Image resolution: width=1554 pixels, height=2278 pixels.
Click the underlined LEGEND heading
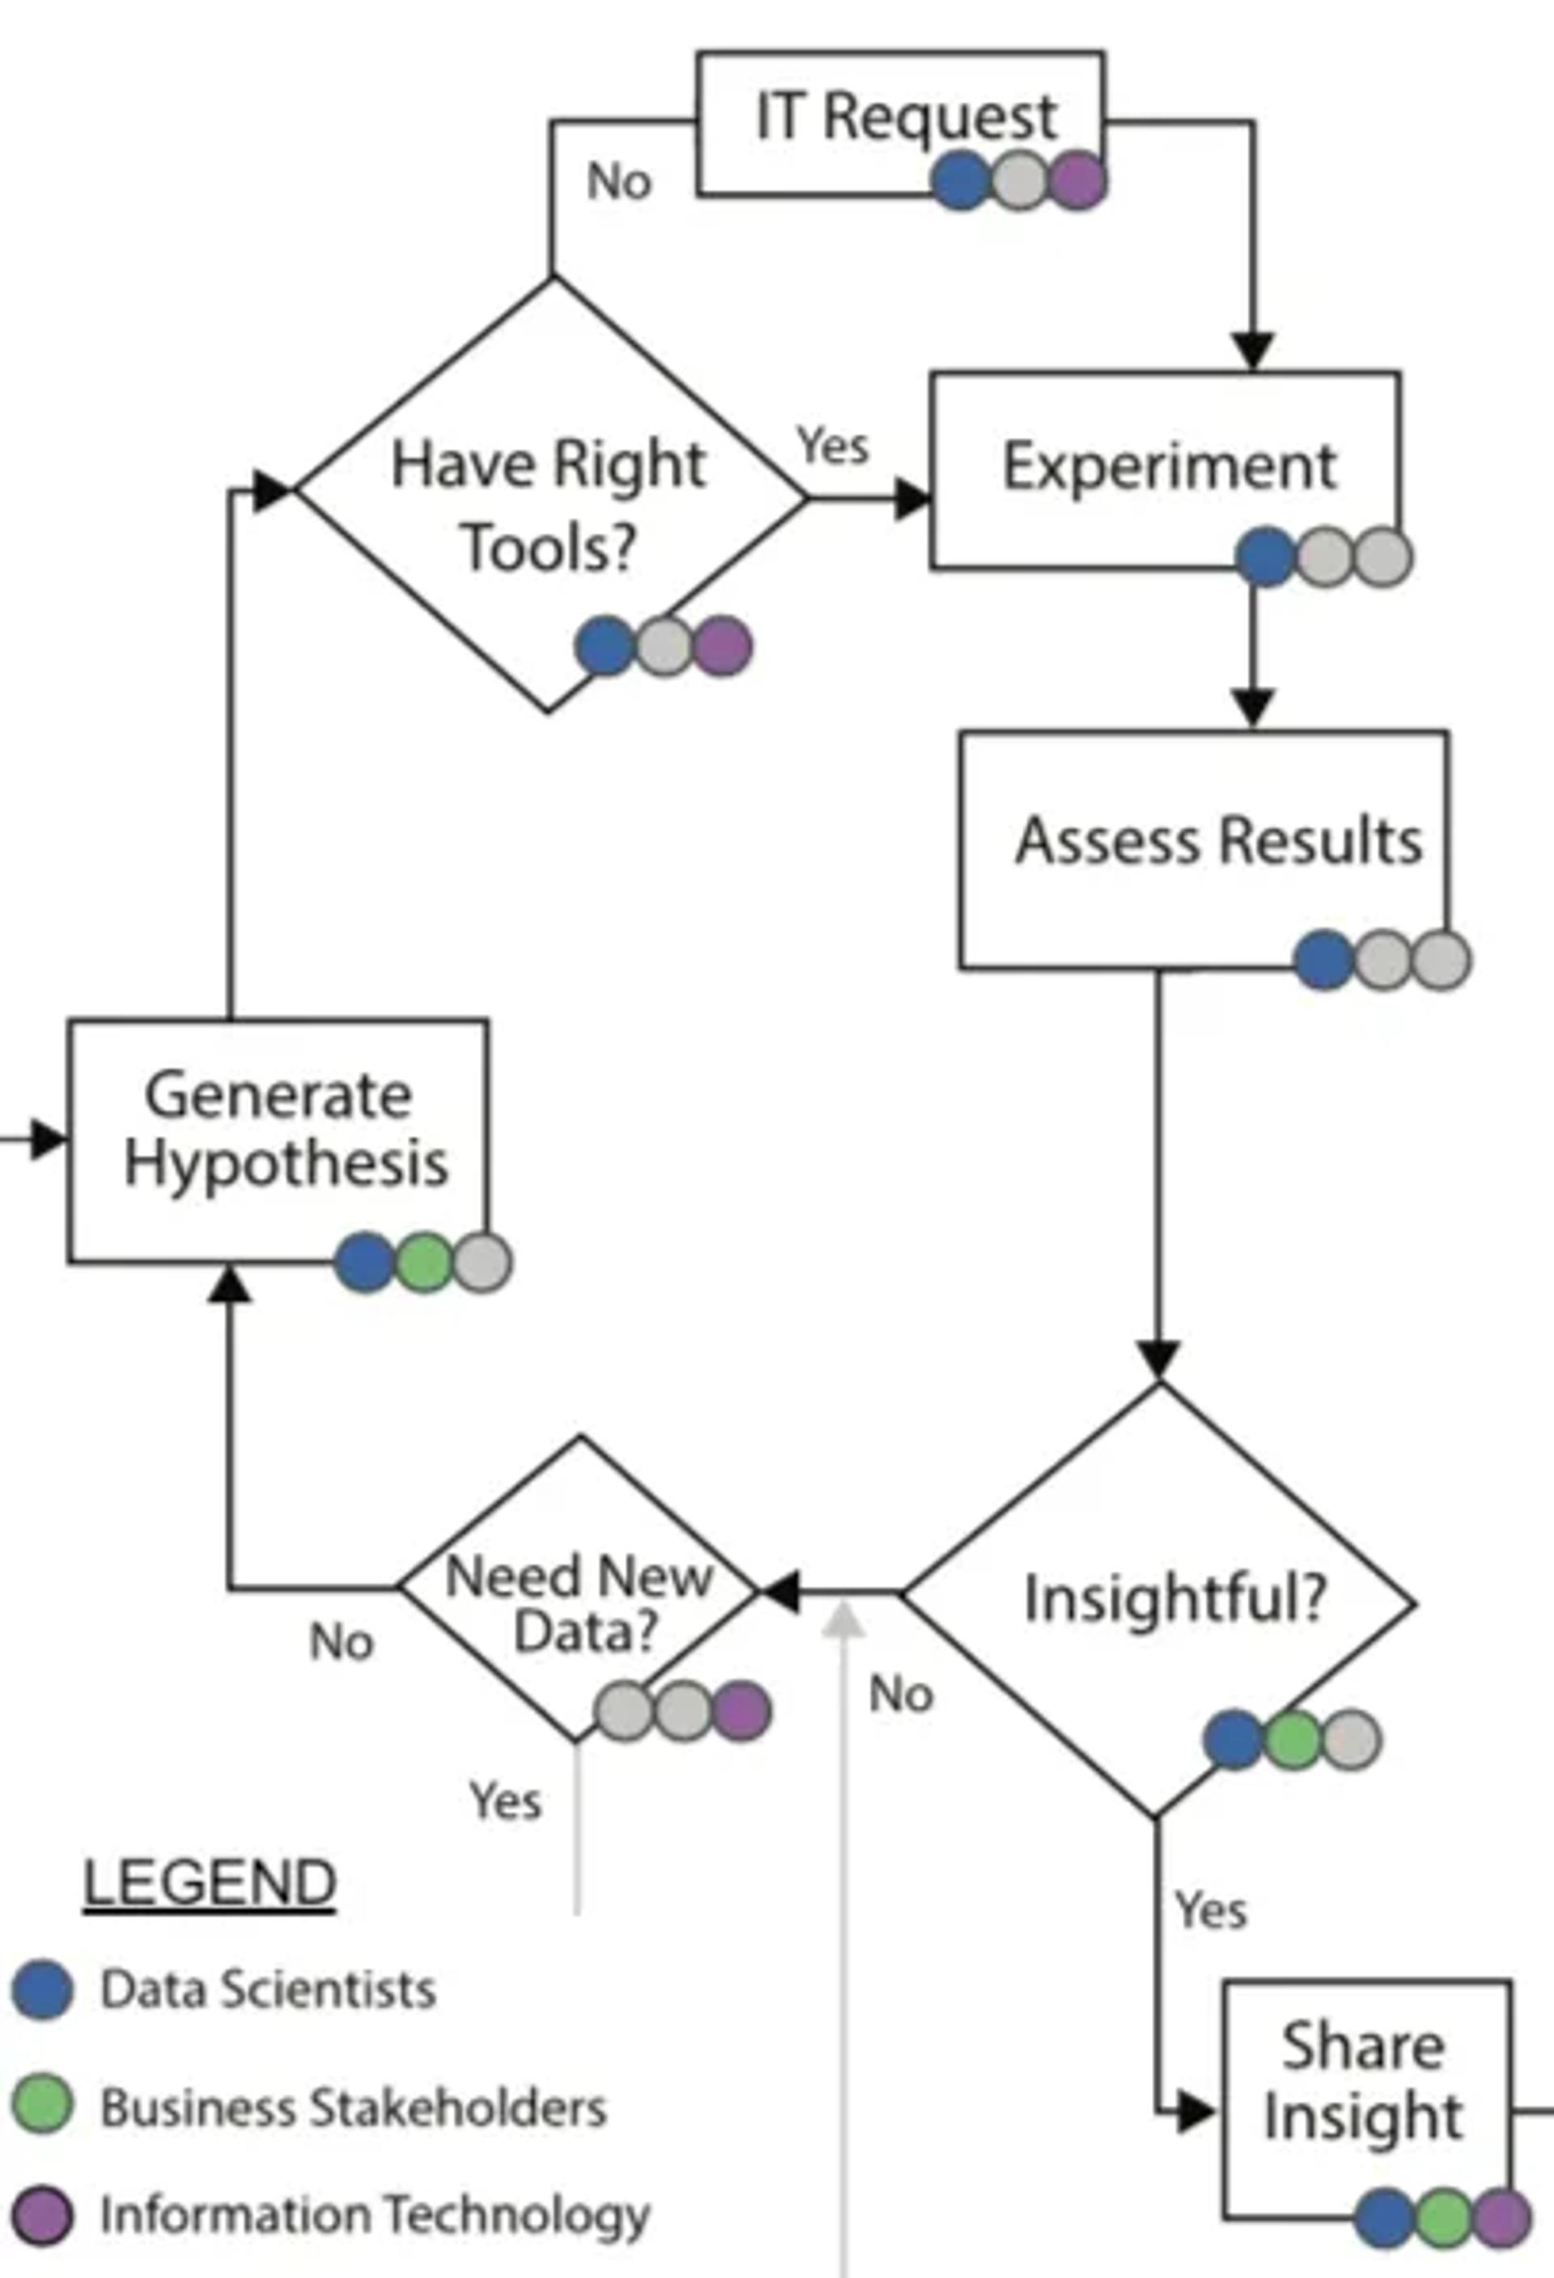tap(210, 1883)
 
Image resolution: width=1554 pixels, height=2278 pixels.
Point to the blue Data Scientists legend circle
tap(42, 1989)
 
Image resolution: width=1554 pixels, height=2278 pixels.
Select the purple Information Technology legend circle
tap(42, 2215)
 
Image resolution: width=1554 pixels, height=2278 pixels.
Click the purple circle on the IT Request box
tap(1078, 181)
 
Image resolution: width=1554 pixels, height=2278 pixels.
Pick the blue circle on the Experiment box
tap(1266, 557)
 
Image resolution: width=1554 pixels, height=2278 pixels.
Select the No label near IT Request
tap(618, 182)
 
